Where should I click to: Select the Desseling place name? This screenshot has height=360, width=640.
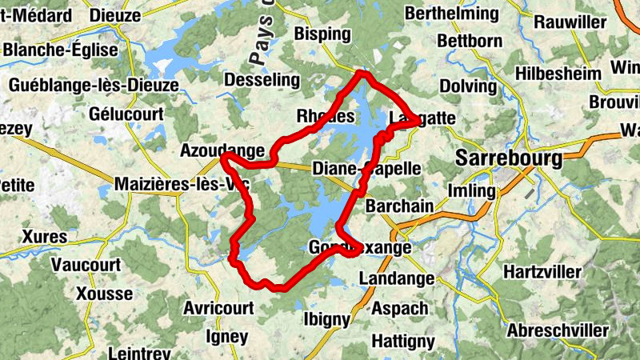(x=262, y=80)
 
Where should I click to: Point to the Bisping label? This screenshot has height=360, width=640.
(x=322, y=34)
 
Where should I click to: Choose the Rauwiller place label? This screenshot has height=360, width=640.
(x=570, y=22)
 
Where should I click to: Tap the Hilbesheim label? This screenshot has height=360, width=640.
(x=558, y=74)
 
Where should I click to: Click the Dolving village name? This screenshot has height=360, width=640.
(x=468, y=86)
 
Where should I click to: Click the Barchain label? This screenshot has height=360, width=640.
(x=399, y=206)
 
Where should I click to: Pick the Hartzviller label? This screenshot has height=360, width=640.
(x=543, y=272)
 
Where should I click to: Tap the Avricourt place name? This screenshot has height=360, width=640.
(x=218, y=308)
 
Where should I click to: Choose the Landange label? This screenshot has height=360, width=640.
(x=396, y=278)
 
